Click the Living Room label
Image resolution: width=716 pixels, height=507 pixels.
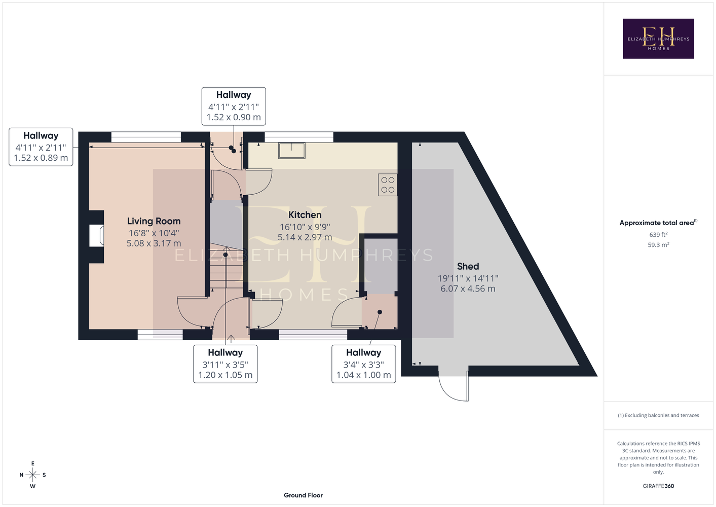pos(154,221)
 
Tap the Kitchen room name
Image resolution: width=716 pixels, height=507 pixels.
pos(305,214)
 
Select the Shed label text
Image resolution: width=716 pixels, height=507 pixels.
pos(468,266)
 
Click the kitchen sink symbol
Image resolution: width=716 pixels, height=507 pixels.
pos(292,151)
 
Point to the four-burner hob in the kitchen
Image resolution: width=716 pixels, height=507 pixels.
pos(388,185)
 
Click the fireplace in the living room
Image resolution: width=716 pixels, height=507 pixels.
pos(96,236)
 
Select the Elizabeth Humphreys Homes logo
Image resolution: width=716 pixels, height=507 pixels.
pos(658,39)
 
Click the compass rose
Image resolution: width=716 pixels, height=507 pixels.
pos(32,475)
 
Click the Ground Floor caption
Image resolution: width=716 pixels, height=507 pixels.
pos(304,495)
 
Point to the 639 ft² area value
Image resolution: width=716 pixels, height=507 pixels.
pos(658,234)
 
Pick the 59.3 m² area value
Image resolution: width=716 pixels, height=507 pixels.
pos(658,245)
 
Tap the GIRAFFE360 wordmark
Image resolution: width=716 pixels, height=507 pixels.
pos(658,486)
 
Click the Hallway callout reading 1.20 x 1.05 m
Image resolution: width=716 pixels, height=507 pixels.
pos(225,364)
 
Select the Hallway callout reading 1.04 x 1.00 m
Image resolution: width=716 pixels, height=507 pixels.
pos(364,364)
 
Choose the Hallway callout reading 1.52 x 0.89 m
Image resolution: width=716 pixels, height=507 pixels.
pos(41,147)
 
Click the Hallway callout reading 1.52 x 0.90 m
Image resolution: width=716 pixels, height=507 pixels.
pos(234,106)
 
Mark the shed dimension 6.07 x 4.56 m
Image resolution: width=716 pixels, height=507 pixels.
pos(468,288)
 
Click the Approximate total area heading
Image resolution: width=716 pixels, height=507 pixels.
pos(658,223)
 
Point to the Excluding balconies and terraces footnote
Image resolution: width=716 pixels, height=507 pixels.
pos(658,415)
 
